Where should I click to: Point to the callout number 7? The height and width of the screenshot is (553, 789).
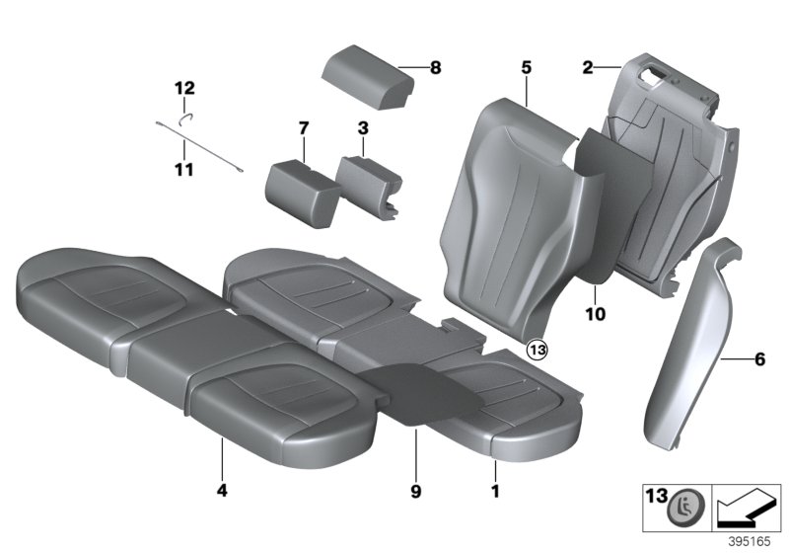[x=304, y=128]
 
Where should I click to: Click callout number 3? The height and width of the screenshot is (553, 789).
[x=363, y=128]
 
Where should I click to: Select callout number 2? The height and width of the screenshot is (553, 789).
[x=588, y=68]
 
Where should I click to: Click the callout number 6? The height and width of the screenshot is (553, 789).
[x=759, y=360]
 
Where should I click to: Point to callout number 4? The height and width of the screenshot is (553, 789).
[x=222, y=488]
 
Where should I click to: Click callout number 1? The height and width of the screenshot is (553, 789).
[x=495, y=488]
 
